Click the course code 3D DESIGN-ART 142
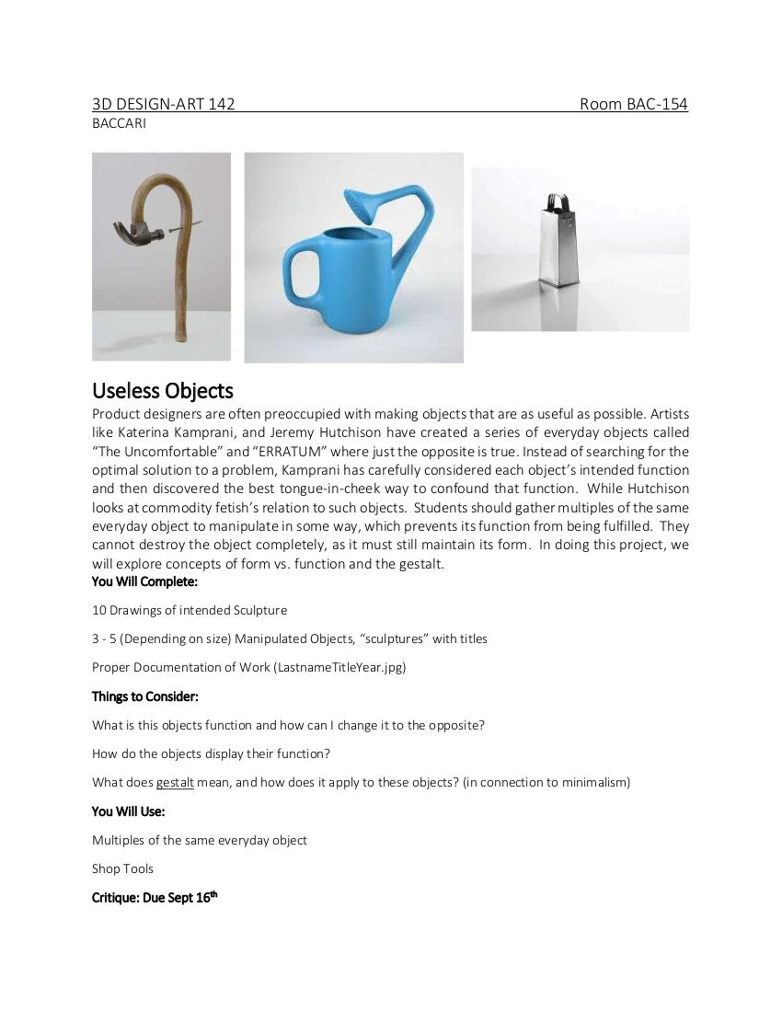pos(163,104)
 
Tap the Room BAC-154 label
pos(633,104)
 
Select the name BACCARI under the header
pos(119,123)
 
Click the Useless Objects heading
pos(163,391)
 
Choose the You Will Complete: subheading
pos(144,581)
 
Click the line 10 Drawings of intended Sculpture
pos(190,610)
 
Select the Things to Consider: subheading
pos(145,696)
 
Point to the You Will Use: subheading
pos(129,811)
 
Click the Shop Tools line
pos(122,868)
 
